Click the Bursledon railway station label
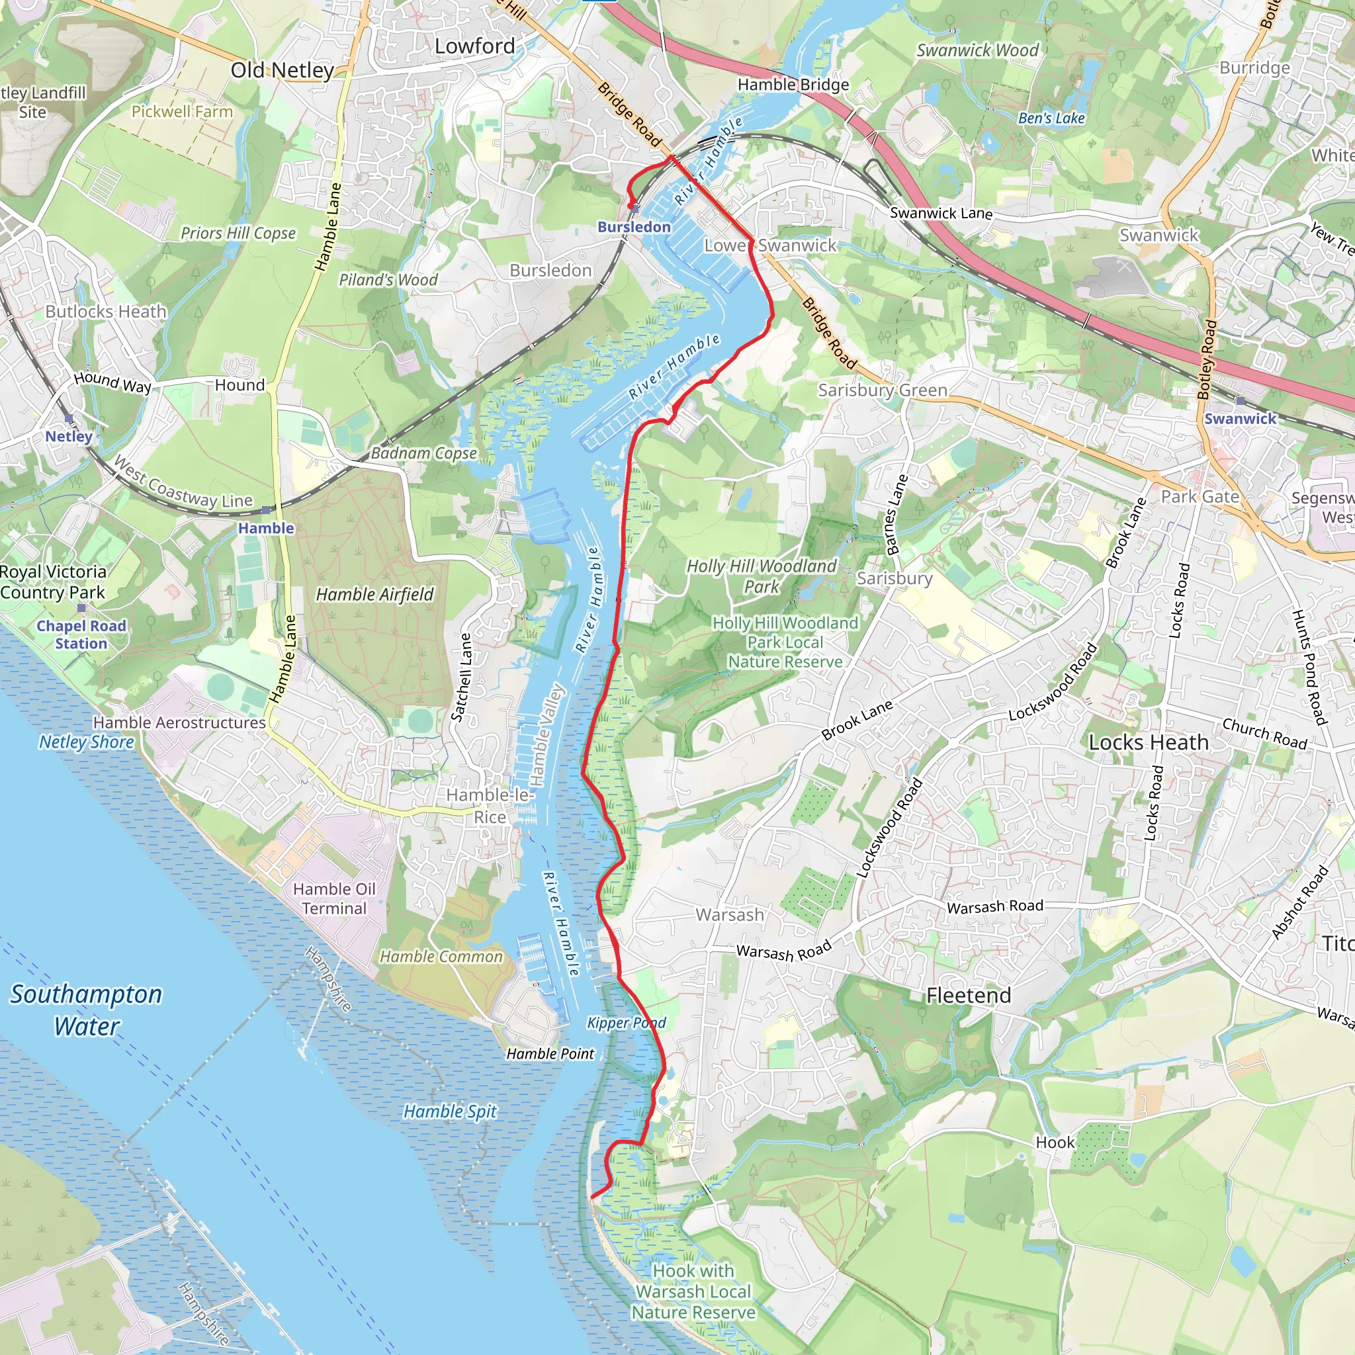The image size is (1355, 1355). [633, 227]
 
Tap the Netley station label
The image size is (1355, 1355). [69, 436]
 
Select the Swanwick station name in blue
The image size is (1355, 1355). [1240, 419]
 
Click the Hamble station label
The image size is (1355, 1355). [266, 528]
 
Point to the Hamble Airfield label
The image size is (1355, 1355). [374, 595]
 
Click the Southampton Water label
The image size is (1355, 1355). [86, 1010]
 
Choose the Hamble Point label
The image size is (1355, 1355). [550, 1054]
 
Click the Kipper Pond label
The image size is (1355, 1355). [627, 1023]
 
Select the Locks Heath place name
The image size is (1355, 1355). [1148, 742]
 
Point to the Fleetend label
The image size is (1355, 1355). [969, 995]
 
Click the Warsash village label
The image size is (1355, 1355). [729, 914]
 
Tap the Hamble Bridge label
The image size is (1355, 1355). [793, 85]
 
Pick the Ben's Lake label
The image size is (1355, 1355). [1051, 118]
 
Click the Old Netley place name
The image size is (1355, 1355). [282, 70]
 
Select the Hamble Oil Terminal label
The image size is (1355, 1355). [334, 898]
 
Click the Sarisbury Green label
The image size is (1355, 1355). [883, 390]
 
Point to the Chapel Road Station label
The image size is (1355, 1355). [81, 634]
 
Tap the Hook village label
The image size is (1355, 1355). [1054, 1143]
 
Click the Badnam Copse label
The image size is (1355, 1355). [423, 453]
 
